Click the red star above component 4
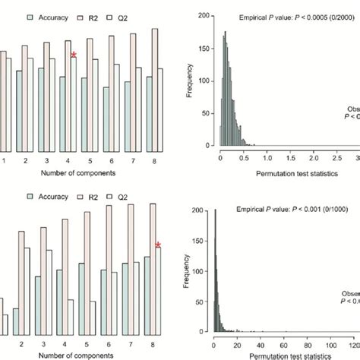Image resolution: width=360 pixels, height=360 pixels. tap(73, 54)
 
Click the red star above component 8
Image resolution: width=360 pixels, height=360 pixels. tap(158, 245)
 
